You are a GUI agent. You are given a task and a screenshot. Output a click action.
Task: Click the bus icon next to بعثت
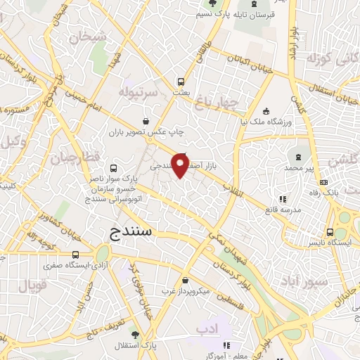tap(181, 81)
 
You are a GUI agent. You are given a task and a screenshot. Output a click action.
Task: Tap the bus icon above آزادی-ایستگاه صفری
tap(76, 255)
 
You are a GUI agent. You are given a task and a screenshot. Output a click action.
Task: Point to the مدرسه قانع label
tap(283, 210)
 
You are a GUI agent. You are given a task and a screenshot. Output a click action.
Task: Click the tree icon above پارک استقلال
tap(135, 335)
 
